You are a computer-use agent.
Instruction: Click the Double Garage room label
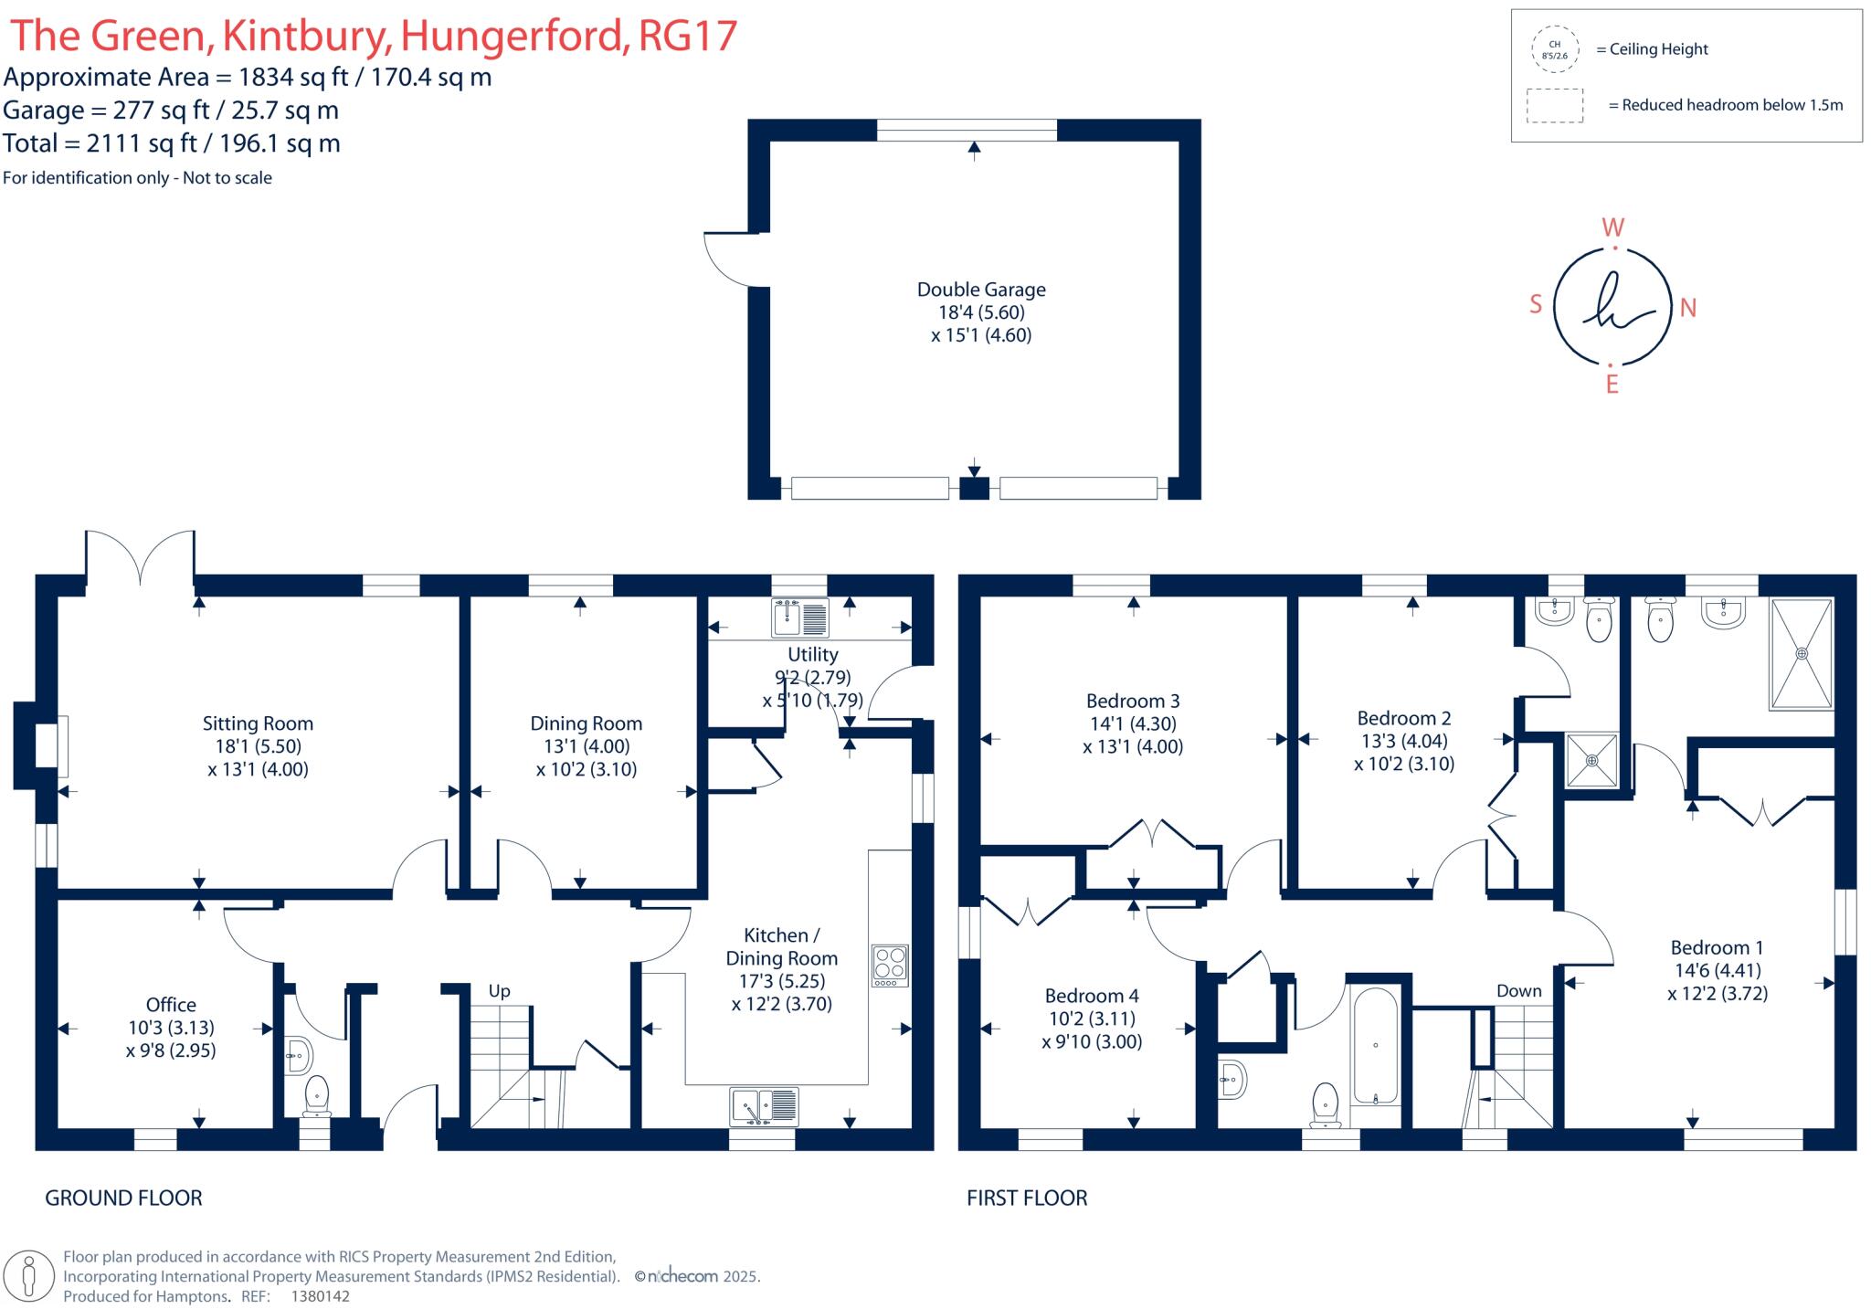click(981, 290)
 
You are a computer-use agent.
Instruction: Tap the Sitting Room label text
click(258, 723)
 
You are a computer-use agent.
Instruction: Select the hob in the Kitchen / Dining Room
click(890, 965)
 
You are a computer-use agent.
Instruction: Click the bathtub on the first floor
click(1375, 1047)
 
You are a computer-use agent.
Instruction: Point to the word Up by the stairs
click(499, 991)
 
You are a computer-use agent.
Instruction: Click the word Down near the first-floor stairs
click(1518, 991)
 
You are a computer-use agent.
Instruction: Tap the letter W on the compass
click(1613, 227)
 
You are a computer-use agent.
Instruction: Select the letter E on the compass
click(1612, 385)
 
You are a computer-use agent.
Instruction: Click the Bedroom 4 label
click(1092, 996)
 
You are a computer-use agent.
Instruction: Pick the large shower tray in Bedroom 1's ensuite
click(1801, 654)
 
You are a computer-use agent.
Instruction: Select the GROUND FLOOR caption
click(123, 1198)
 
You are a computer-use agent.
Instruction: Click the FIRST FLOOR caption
click(1027, 1198)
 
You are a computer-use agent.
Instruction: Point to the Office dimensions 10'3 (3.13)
click(171, 1028)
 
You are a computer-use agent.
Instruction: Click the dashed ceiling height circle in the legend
click(1554, 49)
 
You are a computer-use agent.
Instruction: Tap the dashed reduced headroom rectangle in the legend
click(1554, 105)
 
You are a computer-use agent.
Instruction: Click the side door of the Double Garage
click(726, 260)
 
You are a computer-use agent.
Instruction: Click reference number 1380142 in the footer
click(320, 1296)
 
